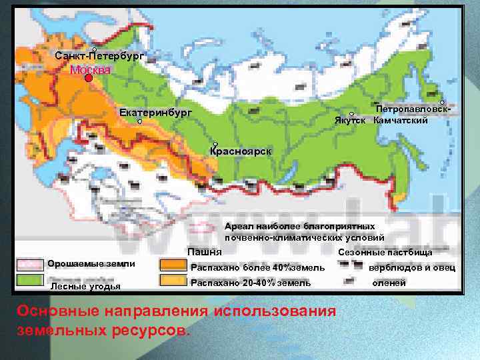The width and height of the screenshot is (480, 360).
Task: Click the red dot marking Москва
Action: [x=89, y=77]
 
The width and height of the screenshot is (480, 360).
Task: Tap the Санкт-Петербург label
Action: [x=99, y=57]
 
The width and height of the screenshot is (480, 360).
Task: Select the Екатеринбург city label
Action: [x=155, y=113]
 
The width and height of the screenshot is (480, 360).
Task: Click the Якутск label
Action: [x=351, y=121]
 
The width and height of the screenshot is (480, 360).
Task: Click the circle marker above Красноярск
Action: [x=215, y=144]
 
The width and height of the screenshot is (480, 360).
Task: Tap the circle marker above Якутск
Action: [x=351, y=114]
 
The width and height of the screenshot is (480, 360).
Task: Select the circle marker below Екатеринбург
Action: [x=140, y=122]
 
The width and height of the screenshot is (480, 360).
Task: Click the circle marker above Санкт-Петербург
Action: [x=95, y=50]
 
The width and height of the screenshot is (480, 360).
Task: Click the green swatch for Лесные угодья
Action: [x=30, y=280]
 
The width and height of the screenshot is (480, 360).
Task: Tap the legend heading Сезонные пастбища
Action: [x=385, y=253]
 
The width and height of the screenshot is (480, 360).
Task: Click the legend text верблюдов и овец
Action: [x=412, y=267]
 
